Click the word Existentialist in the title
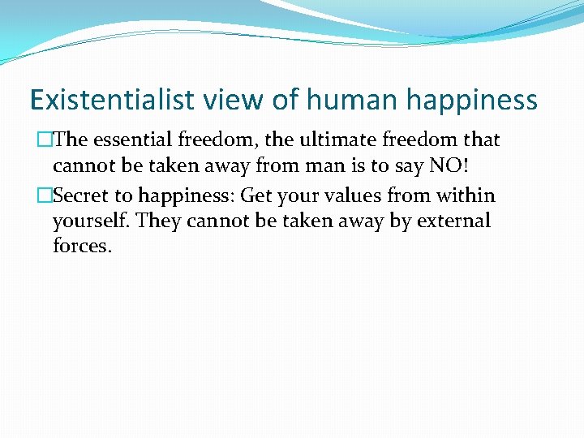coord(112,100)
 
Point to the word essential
coord(134,140)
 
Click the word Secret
coord(81,195)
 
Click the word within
coord(466,195)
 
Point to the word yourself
coord(86,221)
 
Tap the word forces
coord(82,246)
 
